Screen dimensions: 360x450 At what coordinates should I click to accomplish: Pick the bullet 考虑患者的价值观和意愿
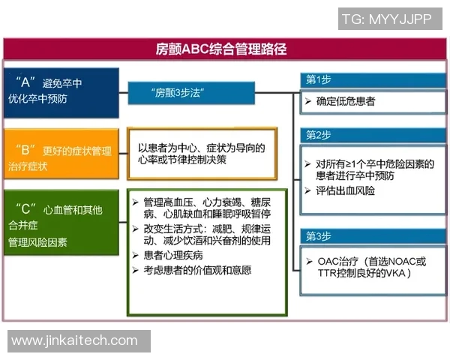coord(197,270)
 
